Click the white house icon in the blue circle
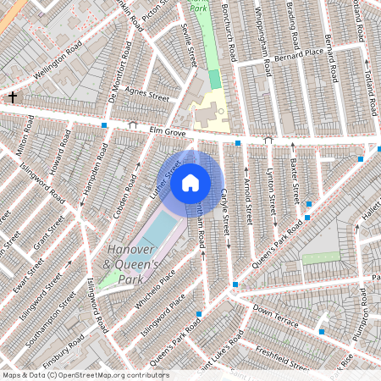click(x=190, y=182)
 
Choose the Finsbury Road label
click(x=61, y=355)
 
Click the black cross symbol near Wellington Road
click(x=12, y=97)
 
